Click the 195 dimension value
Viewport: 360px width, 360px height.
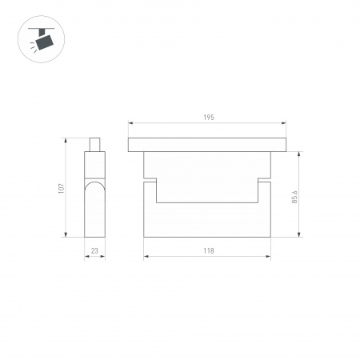pyautogui.click(x=208, y=118)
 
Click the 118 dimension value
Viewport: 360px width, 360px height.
pyautogui.click(x=208, y=251)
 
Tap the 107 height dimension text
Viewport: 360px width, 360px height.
pyautogui.click(x=61, y=188)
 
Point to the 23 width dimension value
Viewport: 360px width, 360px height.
pyautogui.click(x=94, y=251)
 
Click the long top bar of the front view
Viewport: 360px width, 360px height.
pyautogui.click(x=208, y=145)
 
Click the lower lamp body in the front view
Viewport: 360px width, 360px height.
pyautogui.click(x=207, y=220)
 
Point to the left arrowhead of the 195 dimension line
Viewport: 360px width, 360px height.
pyautogui.click(x=130, y=123)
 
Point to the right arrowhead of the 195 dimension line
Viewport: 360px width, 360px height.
pyautogui.click(x=286, y=123)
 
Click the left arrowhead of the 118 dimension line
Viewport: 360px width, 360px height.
pyautogui.click(x=146, y=257)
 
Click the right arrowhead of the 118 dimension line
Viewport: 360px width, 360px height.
pyautogui.click(x=270, y=257)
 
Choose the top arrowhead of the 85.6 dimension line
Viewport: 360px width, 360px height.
pyautogui.click(x=299, y=153)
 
